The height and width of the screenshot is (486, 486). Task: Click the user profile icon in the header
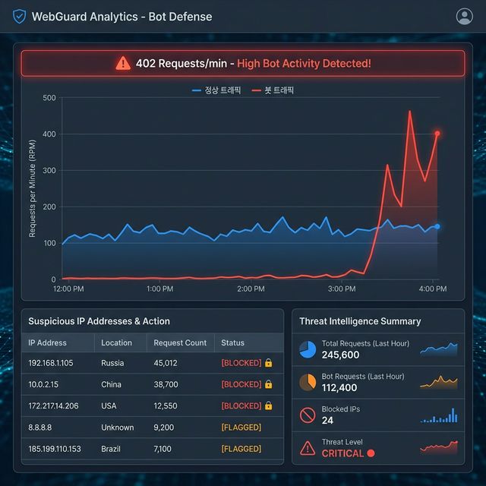click(x=464, y=17)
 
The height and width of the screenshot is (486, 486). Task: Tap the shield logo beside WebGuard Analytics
click(x=20, y=17)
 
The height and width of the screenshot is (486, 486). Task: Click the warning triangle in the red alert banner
click(x=123, y=64)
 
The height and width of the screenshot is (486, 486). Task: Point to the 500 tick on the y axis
click(x=49, y=98)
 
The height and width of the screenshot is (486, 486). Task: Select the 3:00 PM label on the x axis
click(x=342, y=289)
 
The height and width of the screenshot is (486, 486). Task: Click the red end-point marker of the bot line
click(x=437, y=134)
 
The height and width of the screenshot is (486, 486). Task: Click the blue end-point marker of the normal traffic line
click(x=437, y=226)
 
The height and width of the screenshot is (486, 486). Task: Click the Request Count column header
click(x=180, y=343)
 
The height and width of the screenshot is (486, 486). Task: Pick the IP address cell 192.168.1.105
click(x=51, y=364)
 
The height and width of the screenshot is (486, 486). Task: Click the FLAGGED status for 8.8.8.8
click(x=241, y=428)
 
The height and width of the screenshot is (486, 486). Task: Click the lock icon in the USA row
click(x=268, y=406)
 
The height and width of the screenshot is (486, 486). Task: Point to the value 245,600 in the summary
click(x=340, y=355)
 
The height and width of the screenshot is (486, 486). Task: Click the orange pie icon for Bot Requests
click(x=308, y=382)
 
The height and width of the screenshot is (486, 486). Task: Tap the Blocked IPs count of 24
click(x=327, y=421)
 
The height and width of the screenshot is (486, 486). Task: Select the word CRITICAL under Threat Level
click(x=342, y=453)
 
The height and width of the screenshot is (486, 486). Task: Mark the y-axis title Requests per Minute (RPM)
click(x=33, y=188)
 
